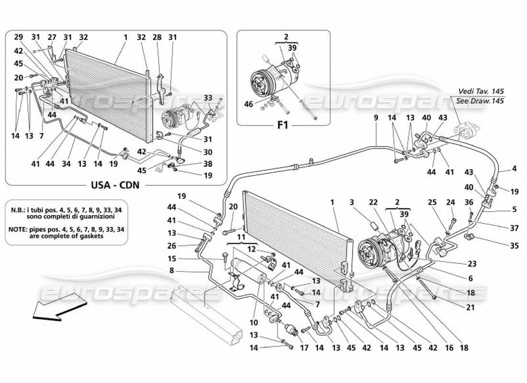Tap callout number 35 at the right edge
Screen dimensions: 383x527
(x=501, y=247)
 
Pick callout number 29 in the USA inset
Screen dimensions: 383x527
(x=19, y=37)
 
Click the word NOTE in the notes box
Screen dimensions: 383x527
(x=19, y=229)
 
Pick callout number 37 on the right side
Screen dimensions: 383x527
(x=501, y=227)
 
